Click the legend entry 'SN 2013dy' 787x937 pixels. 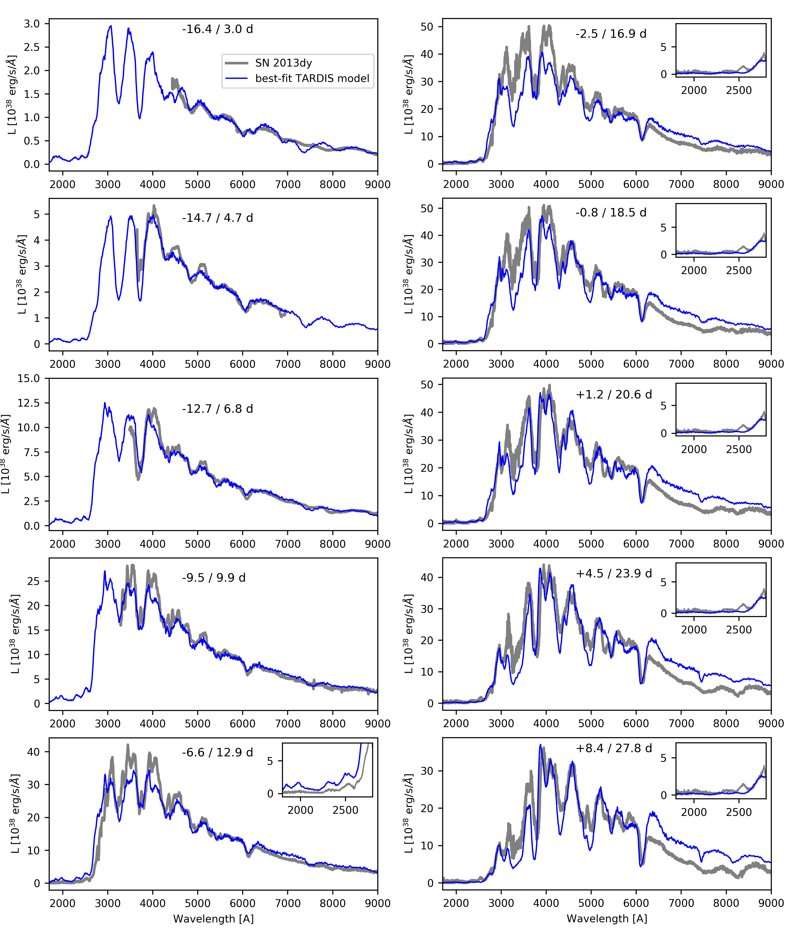click(x=283, y=63)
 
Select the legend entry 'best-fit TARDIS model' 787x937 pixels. click(x=312, y=78)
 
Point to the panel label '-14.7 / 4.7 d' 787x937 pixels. click(x=217, y=218)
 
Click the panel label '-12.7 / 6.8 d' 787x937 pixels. click(x=217, y=409)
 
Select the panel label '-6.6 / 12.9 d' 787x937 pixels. click(x=217, y=752)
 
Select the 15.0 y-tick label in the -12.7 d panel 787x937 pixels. click(x=29, y=378)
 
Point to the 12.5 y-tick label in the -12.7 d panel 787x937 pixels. click(x=29, y=403)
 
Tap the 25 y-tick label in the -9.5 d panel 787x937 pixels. click(x=33, y=581)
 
